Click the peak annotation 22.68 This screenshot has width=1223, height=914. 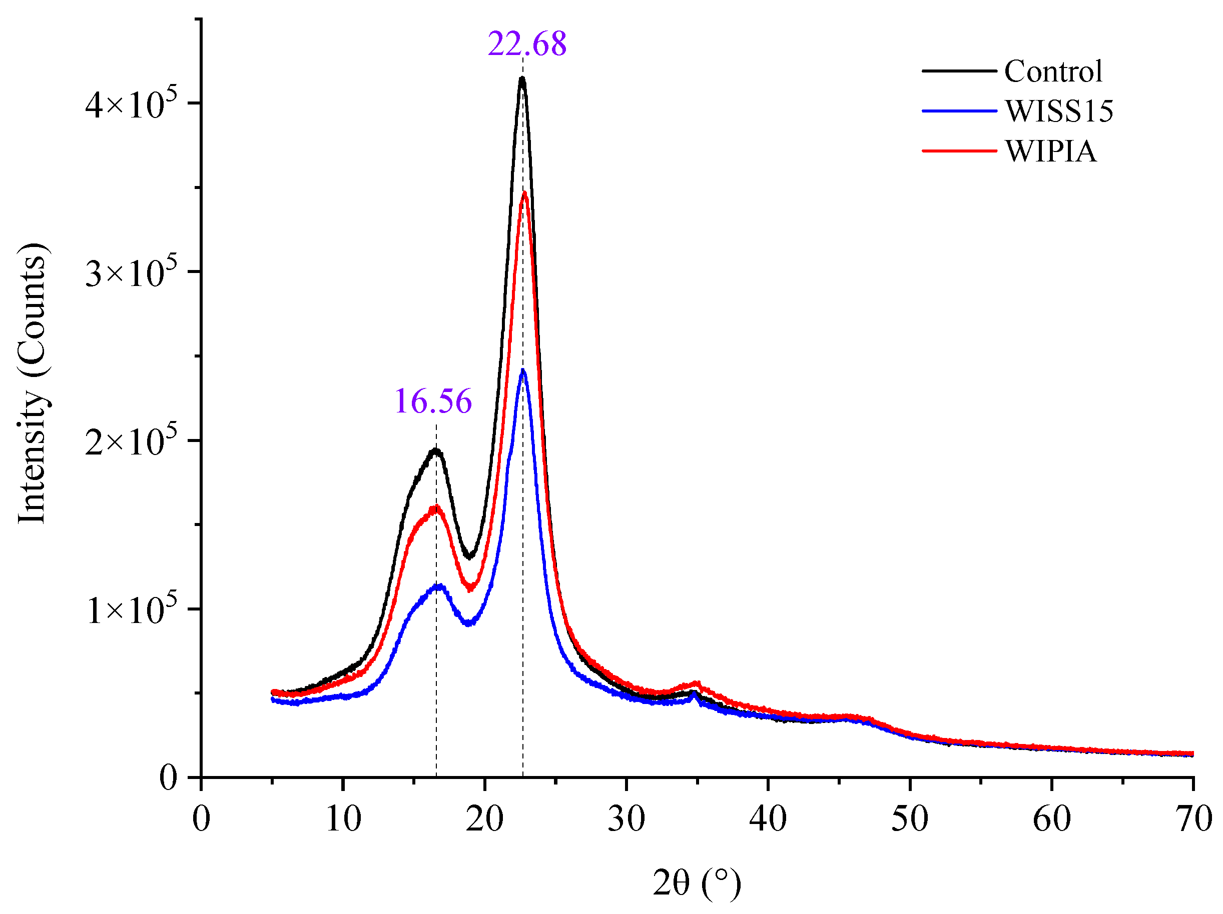[x=527, y=43]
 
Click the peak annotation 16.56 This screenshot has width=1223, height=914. [x=433, y=401]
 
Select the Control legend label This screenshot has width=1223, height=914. [x=1053, y=71]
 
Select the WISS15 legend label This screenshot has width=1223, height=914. [x=1059, y=111]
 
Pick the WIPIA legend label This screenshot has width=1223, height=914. [x=1050, y=151]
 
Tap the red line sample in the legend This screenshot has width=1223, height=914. [x=959, y=151]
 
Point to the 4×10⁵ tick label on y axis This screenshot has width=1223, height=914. [x=132, y=103]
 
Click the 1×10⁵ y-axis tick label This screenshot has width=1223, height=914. [x=132, y=609]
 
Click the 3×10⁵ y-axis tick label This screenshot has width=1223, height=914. [x=132, y=271]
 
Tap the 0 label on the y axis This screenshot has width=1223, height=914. [x=168, y=777]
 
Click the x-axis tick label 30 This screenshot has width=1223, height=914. [x=626, y=819]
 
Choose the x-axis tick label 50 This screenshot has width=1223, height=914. [x=910, y=819]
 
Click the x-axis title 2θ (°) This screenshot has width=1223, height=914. [x=697, y=882]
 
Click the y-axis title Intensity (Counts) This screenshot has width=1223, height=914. [x=32, y=382]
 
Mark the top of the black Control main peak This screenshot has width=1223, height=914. [x=522, y=78]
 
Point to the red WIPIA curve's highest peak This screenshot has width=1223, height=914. [x=524, y=193]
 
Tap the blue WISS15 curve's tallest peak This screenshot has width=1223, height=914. [x=523, y=370]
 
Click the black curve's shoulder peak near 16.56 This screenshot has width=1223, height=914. [x=436, y=450]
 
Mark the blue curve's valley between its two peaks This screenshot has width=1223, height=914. [x=469, y=623]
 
